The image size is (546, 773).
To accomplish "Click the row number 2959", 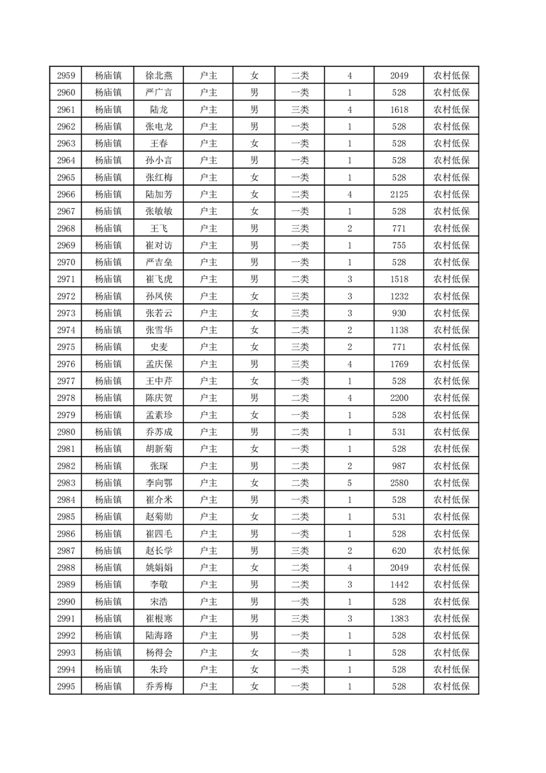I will point(66,76).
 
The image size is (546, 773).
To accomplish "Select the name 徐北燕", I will point(159,76).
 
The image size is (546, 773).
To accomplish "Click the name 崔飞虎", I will point(159,279).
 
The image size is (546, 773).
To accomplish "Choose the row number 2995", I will point(66,686).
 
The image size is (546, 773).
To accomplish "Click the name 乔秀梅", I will point(159,686).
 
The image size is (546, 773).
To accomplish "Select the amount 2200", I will point(399,398).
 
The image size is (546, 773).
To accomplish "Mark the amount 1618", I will point(399,110).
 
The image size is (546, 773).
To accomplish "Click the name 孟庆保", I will point(159,364).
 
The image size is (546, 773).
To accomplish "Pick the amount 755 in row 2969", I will point(399,245).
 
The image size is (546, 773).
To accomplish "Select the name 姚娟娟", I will point(159,567).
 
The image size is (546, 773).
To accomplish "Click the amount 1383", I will point(399,618).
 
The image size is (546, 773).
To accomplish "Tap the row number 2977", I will point(66,380).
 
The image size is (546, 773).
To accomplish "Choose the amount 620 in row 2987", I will point(399,550).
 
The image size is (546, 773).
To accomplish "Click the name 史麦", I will point(159,347).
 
